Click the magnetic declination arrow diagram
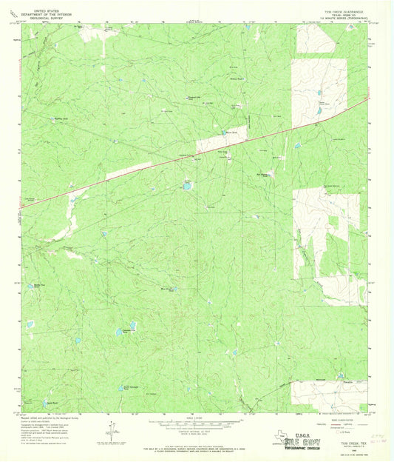111,427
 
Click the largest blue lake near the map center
187,187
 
